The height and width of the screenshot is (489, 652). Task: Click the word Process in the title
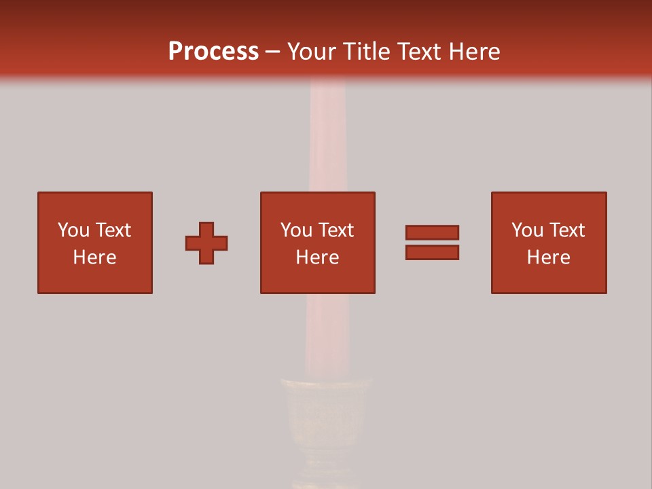click(x=213, y=52)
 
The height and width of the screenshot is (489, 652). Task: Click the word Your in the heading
click(x=312, y=52)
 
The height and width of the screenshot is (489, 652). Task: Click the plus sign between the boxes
click(x=206, y=243)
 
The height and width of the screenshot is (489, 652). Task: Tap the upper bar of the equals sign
click(x=432, y=232)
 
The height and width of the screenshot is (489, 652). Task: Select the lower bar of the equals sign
click(x=432, y=252)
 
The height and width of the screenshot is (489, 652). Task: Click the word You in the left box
click(x=73, y=230)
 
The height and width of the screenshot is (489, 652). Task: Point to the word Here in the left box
click(x=95, y=257)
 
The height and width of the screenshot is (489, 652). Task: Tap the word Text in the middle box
click(x=336, y=230)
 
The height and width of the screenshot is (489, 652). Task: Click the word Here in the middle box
click(x=318, y=257)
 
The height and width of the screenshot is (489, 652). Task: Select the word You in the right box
click(x=527, y=230)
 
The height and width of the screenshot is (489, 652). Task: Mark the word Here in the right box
click(x=549, y=257)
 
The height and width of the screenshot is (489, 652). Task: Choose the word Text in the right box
click(x=566, y=230)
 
